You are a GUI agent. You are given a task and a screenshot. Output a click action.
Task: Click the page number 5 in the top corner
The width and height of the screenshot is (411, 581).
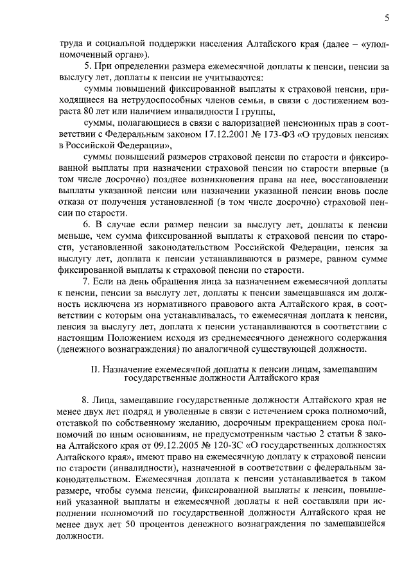click(387, 19)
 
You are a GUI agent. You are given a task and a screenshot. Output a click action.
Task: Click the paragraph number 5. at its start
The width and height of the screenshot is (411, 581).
click(89, 67)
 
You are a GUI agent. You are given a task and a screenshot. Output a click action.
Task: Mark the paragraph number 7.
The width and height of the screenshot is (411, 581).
click(89, 281)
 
